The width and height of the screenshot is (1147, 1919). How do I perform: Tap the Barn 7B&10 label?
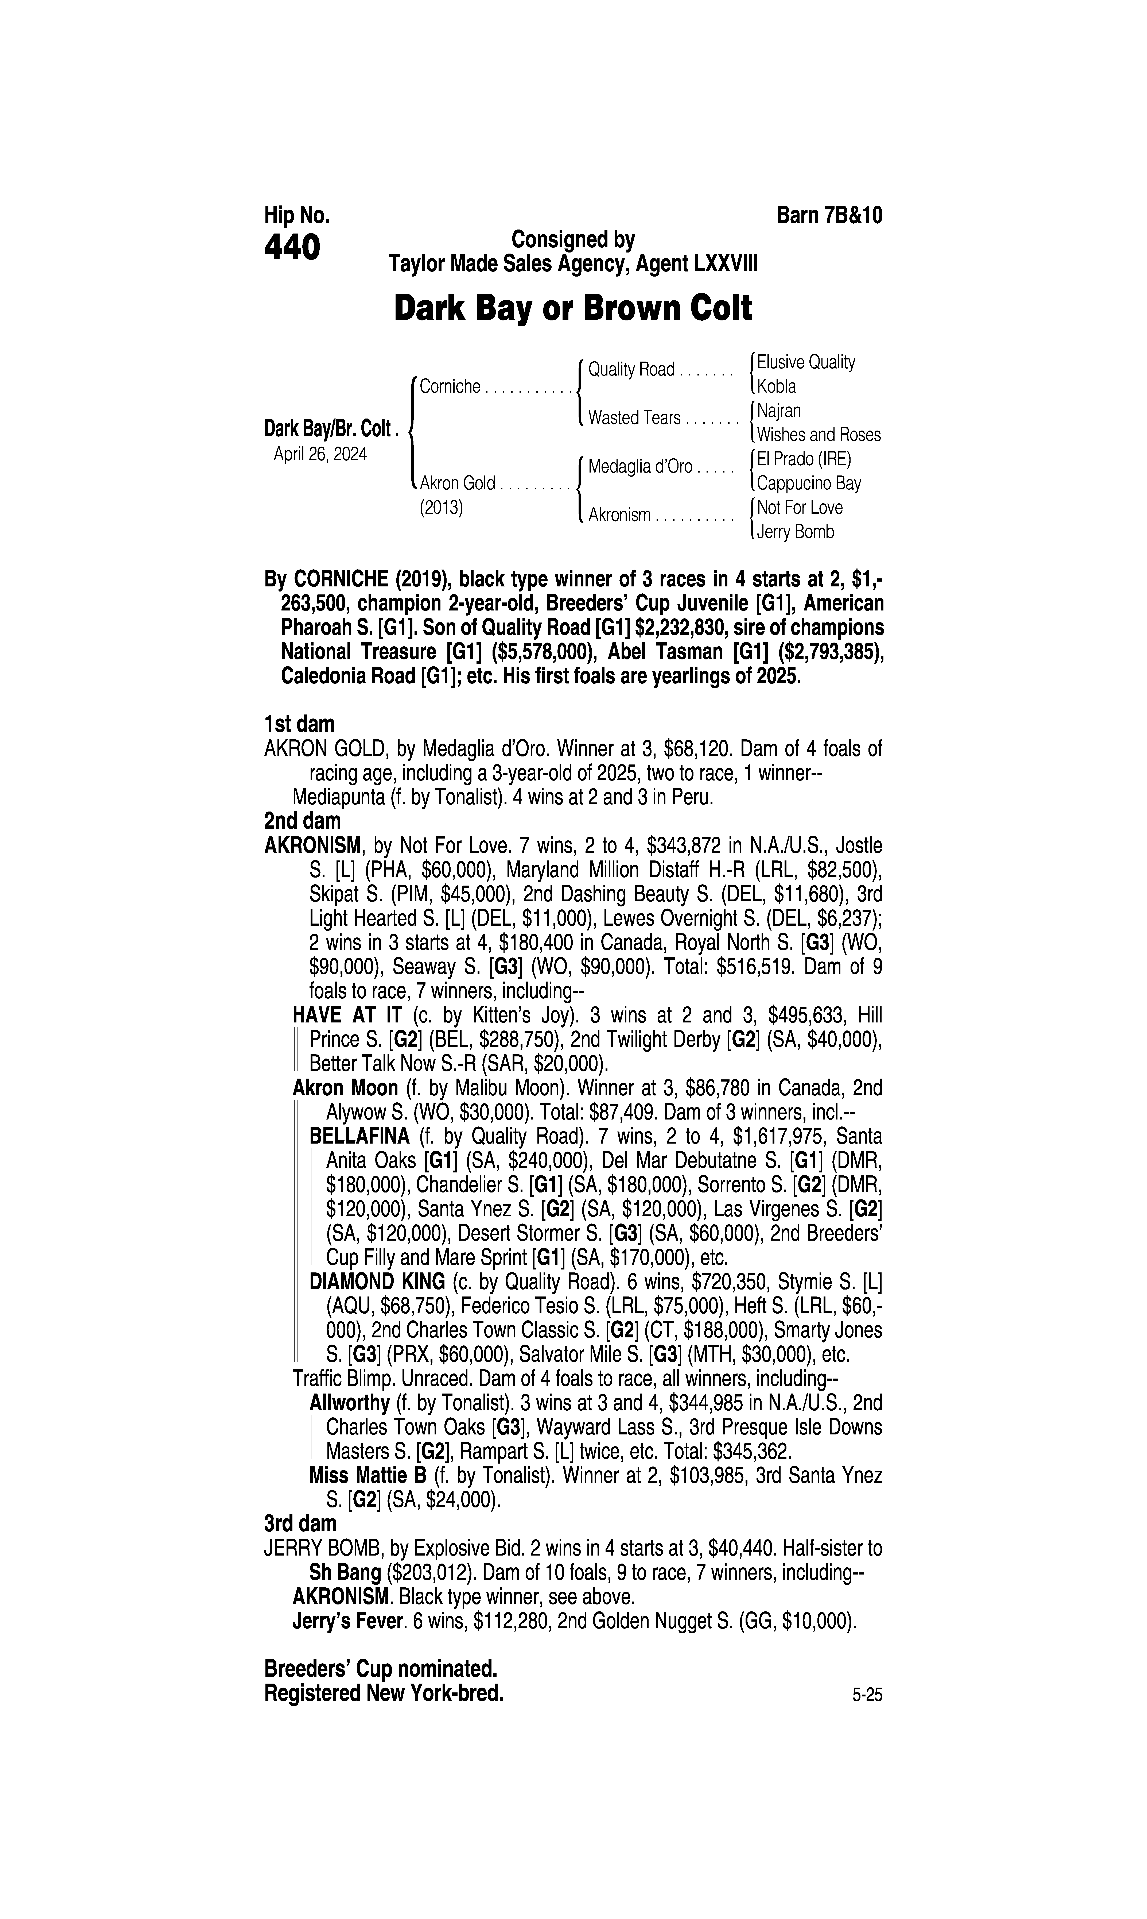pos(829,215)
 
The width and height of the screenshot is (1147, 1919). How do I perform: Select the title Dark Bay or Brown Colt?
pos(573,308)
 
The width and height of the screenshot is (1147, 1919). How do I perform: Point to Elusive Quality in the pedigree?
pos(806,363)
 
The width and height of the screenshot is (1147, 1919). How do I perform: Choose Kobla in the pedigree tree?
pos(777,387)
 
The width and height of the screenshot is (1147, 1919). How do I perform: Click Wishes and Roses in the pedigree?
pos(819,435)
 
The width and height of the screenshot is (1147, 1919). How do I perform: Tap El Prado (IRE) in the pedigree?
pos(804,459)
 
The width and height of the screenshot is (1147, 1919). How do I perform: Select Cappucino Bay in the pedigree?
pos(808,484)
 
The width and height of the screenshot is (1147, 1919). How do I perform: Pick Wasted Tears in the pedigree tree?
pos(634,418)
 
